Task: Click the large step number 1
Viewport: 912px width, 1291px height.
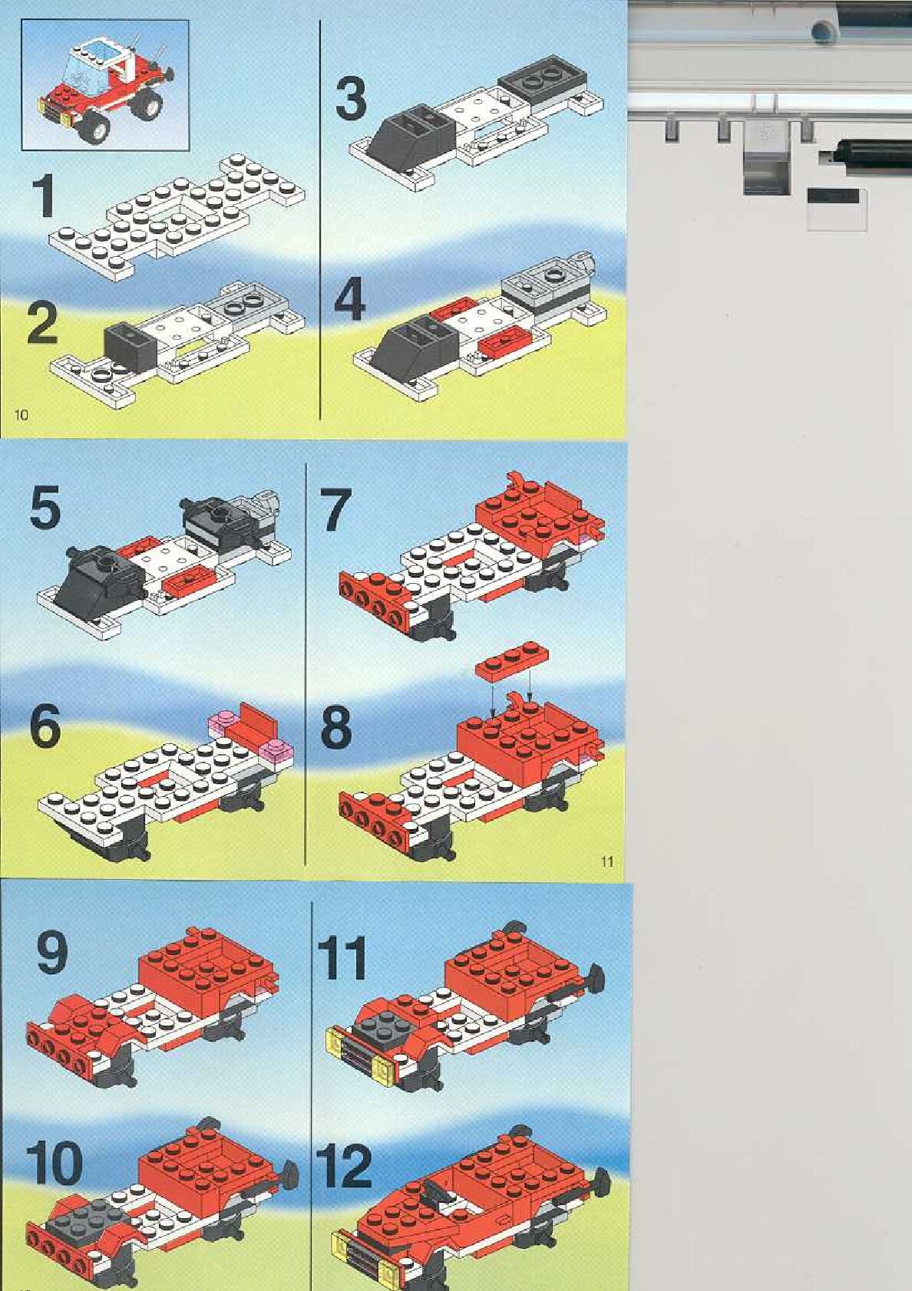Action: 43,197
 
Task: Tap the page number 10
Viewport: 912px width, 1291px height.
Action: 21,414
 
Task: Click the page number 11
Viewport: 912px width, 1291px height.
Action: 606,862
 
